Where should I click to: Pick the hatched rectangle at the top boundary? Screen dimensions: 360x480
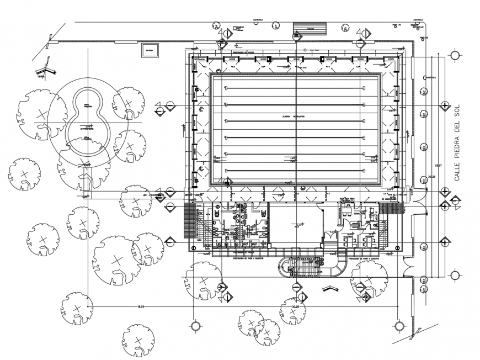coord(310,28)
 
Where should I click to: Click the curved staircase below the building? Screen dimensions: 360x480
coord(312,269)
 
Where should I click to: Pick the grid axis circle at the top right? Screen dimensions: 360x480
coord(454,55)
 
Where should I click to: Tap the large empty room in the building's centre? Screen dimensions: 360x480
coord(297,223)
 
